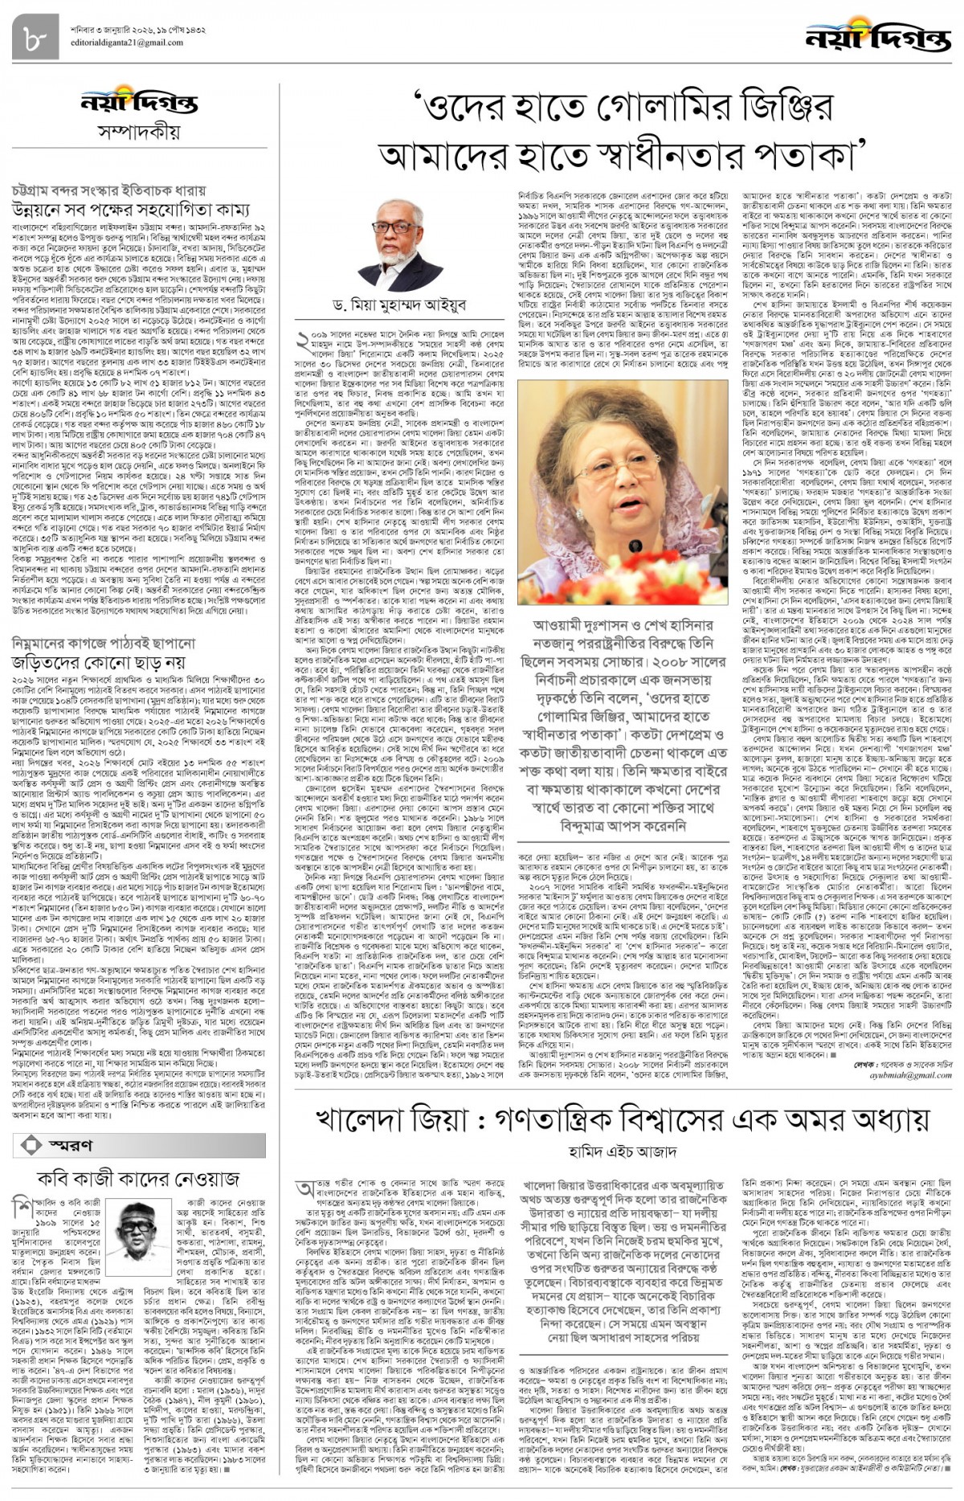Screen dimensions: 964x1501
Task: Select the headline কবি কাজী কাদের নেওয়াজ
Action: tap(139, 1178)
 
